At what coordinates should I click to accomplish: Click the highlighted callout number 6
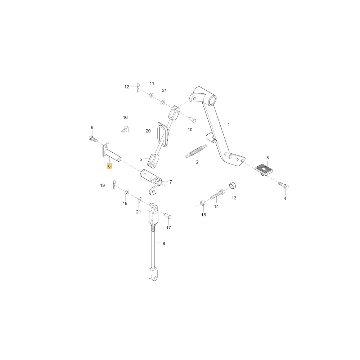109,166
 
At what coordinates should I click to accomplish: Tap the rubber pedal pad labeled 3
264,170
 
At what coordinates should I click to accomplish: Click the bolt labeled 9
93,139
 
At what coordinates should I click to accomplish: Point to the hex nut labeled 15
202,203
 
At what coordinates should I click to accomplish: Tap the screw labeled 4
284,185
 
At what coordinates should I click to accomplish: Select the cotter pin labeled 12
138,87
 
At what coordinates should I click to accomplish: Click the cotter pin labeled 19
114,184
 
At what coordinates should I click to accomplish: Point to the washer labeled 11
150,95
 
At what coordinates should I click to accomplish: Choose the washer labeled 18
126,192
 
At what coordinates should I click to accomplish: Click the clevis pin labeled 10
192,120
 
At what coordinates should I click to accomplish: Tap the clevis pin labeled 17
168,216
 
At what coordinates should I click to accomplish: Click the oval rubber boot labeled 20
163,134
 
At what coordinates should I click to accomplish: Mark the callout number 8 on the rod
164,243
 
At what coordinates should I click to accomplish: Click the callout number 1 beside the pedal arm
229,124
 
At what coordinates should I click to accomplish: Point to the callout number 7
171,182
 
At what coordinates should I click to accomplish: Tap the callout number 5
141,159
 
